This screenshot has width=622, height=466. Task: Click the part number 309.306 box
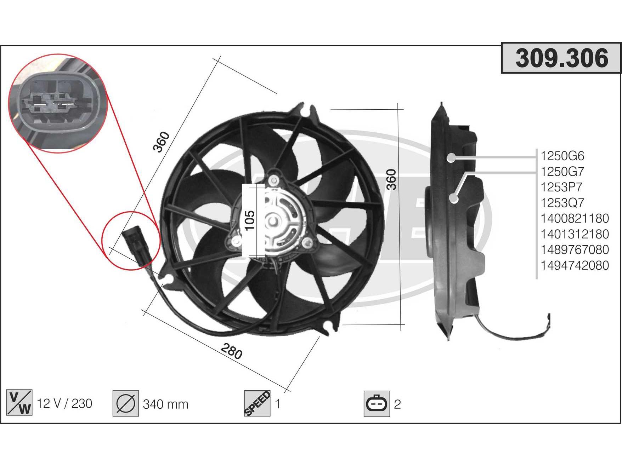[561, 58]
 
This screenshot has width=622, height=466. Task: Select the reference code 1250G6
[562, 156]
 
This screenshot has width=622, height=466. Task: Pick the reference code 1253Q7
[562, 203]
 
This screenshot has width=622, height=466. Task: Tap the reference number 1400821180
[575, 218]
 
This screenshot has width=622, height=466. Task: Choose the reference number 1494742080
[575, 265]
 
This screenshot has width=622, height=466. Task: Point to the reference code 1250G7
[562, 172]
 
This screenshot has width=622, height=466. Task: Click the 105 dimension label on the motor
[250, 220]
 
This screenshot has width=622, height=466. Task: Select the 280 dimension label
[232, 351]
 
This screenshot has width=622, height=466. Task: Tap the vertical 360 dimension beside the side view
[391, 180]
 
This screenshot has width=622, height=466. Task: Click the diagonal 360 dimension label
[162, 142]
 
